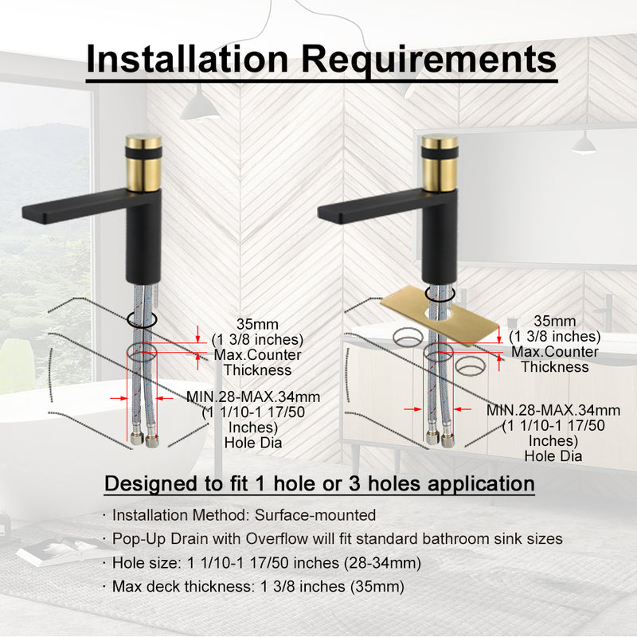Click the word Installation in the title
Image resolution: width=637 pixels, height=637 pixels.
187,59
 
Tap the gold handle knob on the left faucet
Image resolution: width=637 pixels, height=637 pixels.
143,162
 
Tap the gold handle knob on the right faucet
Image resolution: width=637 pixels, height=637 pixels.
440,162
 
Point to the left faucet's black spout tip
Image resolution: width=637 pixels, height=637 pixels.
26,214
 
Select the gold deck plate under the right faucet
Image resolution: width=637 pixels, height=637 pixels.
440,316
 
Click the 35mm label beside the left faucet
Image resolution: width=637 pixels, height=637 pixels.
257,324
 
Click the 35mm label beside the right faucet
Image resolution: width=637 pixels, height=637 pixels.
554,321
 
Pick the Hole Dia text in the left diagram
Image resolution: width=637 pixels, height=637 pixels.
253,443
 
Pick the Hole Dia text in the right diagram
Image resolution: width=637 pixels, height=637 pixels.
553,455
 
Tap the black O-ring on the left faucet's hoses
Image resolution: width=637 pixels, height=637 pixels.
142,319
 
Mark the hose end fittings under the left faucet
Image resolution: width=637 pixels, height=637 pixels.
145,440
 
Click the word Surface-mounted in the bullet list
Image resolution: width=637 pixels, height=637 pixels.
315,514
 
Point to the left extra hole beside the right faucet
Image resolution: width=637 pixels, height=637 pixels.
408,337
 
